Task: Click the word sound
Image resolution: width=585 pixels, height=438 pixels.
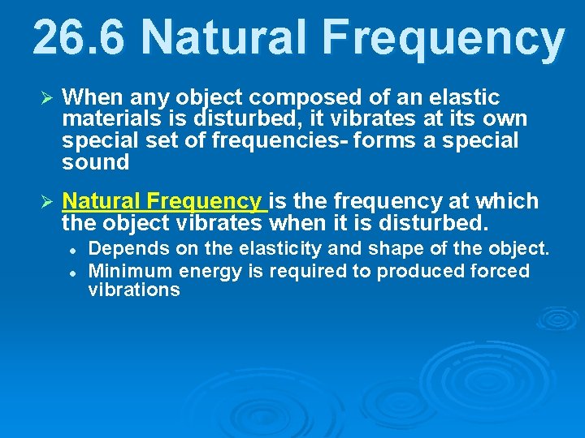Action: point(96,162)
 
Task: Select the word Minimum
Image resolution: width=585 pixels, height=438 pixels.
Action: point(129,270)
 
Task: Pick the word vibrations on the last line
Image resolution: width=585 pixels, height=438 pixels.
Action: point(134,290)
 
